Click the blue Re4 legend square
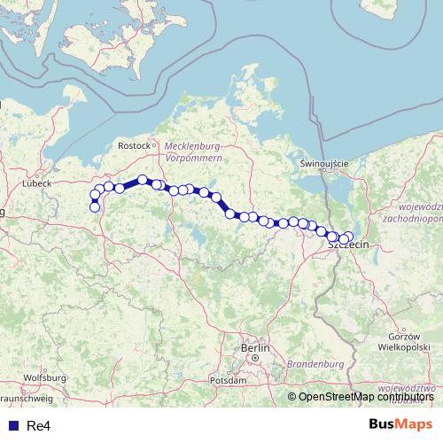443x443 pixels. (12, 425)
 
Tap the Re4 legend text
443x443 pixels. (38, 425)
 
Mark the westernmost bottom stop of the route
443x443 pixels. (95, 208)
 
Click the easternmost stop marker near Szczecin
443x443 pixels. (348, 237)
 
